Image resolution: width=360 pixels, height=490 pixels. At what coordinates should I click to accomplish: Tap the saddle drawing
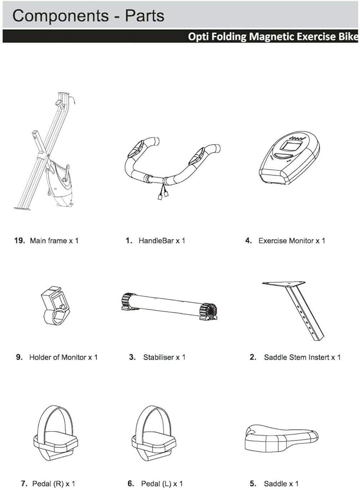point(282,435)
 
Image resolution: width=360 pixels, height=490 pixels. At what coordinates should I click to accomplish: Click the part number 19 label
point(20,241)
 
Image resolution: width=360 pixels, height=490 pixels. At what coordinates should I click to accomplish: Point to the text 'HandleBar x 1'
point(162,241)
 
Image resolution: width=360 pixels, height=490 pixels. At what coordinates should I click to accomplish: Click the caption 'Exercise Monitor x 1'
point(292,241)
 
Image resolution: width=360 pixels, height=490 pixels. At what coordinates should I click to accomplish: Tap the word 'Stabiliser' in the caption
point(159,357)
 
